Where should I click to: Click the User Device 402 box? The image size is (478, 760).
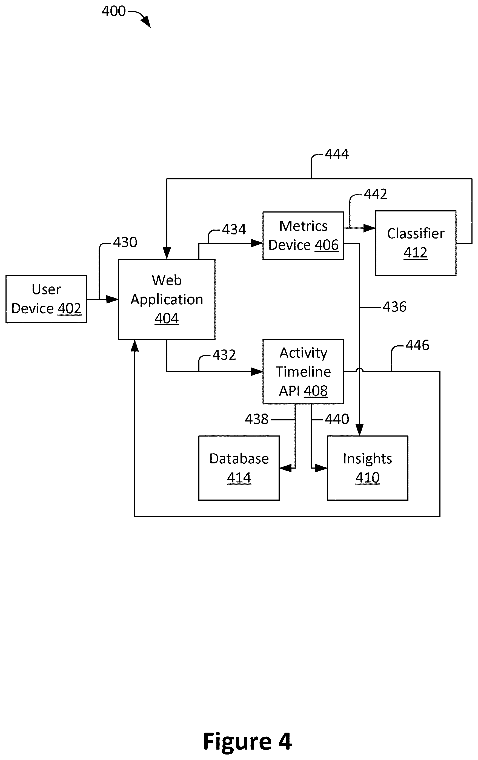(46, 299)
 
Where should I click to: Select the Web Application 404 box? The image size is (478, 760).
(167, 299)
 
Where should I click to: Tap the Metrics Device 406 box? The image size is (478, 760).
(303, 236)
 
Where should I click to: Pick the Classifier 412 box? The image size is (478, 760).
(416, 243)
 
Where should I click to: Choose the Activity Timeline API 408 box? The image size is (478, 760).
(303, 371)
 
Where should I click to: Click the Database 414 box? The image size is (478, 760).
(239, 468)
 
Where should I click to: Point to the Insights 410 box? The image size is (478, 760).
(368, 468)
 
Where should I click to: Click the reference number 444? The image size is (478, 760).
(337, 154)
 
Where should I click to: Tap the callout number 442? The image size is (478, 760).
(375, 194)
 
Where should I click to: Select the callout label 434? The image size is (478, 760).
(234, 230)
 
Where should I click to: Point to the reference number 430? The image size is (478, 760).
(125, 242)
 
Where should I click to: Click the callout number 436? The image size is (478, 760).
(395, 307)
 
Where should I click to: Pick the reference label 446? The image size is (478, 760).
(417, 345)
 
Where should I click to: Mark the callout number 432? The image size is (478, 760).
(224, 355)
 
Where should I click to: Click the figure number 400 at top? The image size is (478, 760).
(114, 11)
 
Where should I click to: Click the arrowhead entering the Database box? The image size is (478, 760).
(285, 468)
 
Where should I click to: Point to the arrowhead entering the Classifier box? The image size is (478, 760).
(370, 228)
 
